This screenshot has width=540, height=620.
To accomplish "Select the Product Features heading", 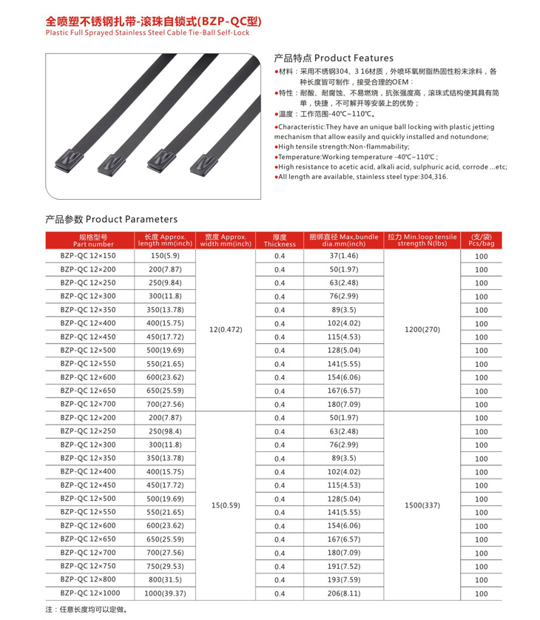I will pos(334,58).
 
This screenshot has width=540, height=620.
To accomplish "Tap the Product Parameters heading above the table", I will pos(112,219).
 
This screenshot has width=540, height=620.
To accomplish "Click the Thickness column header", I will pos(279,240).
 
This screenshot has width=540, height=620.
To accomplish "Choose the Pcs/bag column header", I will pos(481,240).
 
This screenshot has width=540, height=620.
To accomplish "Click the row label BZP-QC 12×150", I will pos(88,255).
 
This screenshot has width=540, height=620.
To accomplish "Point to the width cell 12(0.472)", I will pos(226,329).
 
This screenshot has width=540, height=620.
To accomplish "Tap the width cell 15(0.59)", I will pos(226,505).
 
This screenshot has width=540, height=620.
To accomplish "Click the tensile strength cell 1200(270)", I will pos(422,329).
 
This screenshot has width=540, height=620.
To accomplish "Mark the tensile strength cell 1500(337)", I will pos(422,505).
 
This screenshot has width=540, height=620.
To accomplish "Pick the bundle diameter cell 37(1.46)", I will pos(344,255).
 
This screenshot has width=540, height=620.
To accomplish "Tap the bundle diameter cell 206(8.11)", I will pos(344,593).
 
